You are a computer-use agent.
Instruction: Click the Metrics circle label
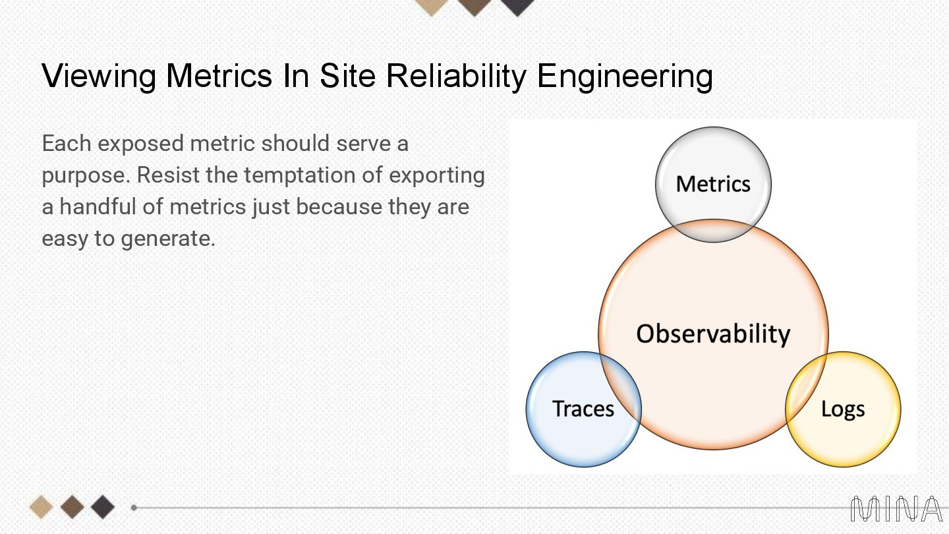click(713, 184)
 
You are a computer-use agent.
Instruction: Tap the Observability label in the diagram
click(713, 334)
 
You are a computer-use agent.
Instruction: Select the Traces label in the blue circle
click(583, 409)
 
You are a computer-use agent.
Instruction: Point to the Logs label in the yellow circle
click(843, 409)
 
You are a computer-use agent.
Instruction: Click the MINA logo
click(896, 509)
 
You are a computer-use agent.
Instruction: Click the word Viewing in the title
click(99, 76)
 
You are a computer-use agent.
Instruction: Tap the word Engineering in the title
click(625, 76)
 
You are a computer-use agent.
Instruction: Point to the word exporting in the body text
click(437, 175)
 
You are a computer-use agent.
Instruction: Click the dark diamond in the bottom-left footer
click(102, 507)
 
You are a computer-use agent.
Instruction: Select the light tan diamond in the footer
click(42, 507)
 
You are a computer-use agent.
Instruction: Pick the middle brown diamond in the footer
click(72, 507)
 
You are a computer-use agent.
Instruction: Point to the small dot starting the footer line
click(134, 508)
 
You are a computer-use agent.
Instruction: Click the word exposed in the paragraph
click(138, 144)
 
